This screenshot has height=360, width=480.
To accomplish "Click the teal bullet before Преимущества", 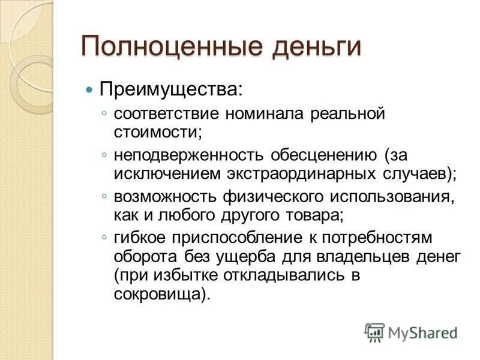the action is pyautogui.click(x=89, y=90).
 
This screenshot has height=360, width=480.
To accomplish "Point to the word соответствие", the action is pyautogui.click(x=167, y=114).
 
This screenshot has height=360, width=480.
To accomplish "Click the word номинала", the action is pyautogui.click(x=265, y=114).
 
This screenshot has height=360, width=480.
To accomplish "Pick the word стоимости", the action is pyautogui.click(x=157, y=133).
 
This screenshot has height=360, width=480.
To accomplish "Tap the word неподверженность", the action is pyautogui.click(x=188, y=156).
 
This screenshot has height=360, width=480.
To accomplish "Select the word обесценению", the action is pyautogui.click(x=324, y=156).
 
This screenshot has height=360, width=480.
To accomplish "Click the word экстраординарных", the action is pyautogui.click(x=301, y=175).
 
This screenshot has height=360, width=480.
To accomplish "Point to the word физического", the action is pyautogui.click(x=273, y=197).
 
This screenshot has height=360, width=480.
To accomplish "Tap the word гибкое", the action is pyautogui.click(x=140, y=238).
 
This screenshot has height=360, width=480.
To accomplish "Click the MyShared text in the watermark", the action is pyautogui.click(x=423, y=333).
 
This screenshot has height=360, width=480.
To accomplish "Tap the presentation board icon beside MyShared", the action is pyautogui.click(x=374, y=332).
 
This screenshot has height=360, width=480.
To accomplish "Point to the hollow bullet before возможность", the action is pyautogui.click(x=104, y=196).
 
